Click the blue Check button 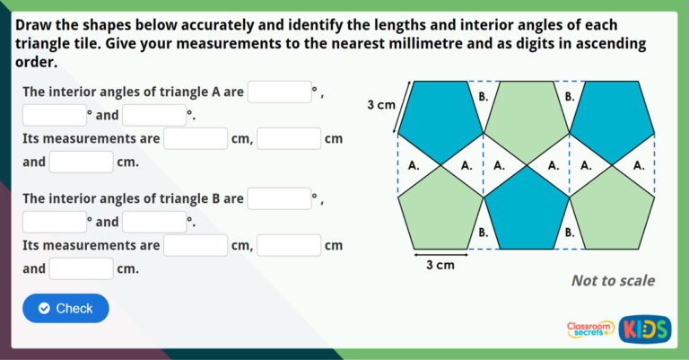65,308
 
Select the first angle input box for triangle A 279,92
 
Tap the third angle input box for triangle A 154,115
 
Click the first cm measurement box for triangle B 196,245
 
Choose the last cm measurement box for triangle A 82,162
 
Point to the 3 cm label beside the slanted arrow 381,105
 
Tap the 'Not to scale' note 613,281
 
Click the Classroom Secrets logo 590,329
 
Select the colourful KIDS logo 645,329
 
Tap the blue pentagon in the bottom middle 525,215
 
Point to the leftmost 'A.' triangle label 414,165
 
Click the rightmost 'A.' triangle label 638,165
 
